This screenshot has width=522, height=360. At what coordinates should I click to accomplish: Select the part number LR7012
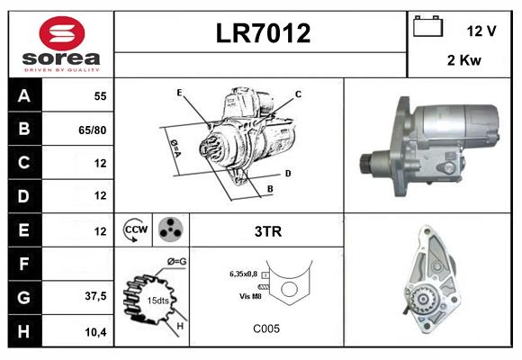[263, 33]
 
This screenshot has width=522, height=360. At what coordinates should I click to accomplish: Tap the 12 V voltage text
[481, 30]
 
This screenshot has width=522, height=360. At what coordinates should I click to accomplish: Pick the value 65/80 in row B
[93, 129]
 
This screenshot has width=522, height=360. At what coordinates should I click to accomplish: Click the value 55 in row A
[99, 94]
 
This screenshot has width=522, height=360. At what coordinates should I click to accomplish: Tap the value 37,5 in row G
[95, 297]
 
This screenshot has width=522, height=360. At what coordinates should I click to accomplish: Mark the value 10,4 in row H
[95, 331]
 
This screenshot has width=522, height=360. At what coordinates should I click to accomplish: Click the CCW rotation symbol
[137, 229]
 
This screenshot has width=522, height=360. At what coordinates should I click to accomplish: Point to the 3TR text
[268, 231]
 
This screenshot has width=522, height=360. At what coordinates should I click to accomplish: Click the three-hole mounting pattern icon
[170, 229]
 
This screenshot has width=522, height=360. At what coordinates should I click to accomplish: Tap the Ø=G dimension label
[177, 262]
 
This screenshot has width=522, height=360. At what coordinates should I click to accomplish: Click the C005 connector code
[266, 329]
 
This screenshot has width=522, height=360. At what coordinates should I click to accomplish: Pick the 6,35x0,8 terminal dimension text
[244, 273]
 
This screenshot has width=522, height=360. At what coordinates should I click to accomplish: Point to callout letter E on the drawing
[179, 93]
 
